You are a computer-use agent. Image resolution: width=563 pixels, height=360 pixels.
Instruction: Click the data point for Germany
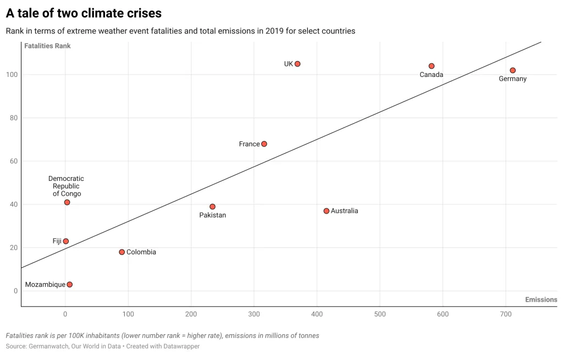click(x=512, y=70)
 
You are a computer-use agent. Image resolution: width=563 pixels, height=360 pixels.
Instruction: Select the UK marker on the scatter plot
click(x=297, y=64)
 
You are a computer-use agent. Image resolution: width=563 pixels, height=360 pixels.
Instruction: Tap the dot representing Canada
click(x=432, y=66)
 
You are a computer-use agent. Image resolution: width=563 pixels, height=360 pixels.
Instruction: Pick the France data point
click(x=264, y=144)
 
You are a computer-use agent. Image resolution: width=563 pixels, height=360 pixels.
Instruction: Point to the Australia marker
click(x=327, y=211)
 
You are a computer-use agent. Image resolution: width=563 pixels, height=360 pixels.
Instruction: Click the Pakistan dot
click(x=213, y=207)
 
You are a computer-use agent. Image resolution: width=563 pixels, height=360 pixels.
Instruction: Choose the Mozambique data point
click(x=70, y=285)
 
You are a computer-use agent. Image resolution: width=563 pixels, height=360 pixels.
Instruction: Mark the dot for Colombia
click(x=122, y=252)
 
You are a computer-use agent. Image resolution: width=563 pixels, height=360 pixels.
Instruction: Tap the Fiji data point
click(x=66, y=241)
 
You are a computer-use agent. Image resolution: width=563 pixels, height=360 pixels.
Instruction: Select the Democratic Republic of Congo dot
click(x=67, y=202)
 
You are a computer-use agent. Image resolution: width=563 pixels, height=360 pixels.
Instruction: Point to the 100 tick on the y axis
click(x=12, y=75)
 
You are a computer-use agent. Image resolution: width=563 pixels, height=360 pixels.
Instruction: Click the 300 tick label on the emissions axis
click(x=253, y=314)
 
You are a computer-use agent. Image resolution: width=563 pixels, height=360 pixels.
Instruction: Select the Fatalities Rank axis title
click(x=47, y=46)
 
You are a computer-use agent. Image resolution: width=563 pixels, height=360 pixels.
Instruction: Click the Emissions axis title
click(x=541, y=300)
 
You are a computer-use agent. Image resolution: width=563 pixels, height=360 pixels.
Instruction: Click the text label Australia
click(x=344, y=211)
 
